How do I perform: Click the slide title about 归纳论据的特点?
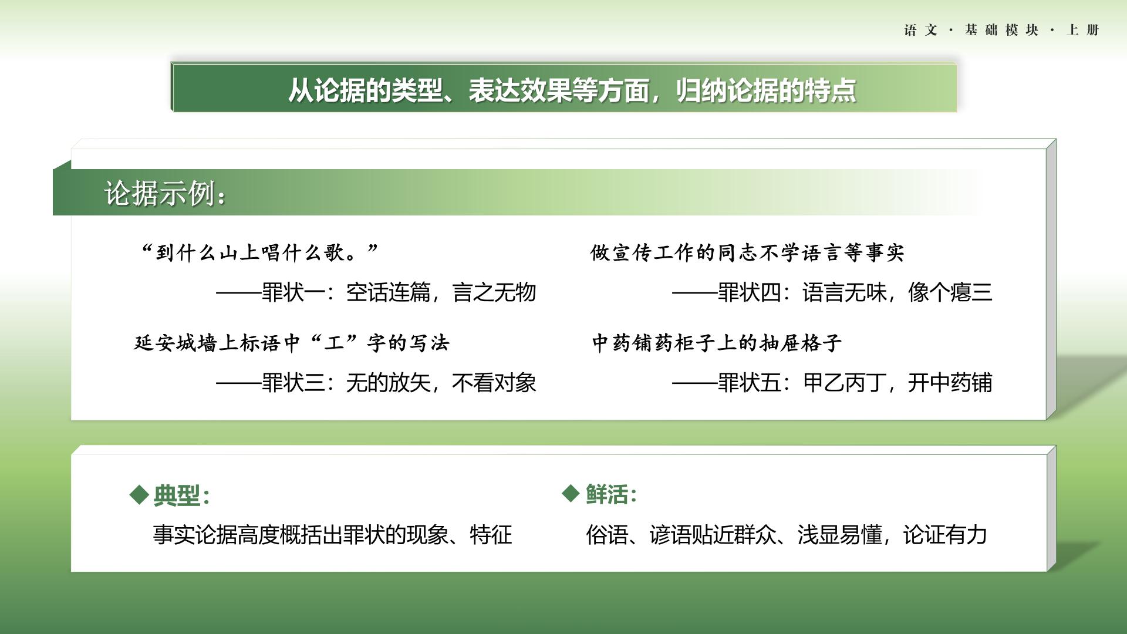572,90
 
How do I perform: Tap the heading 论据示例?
165,193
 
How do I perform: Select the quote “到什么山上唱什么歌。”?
259,253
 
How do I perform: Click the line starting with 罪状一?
376,292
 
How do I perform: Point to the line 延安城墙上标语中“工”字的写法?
291,343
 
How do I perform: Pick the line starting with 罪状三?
376,383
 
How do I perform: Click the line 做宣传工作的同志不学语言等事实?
747,253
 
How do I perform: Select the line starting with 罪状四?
832,292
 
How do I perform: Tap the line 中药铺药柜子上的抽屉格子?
717,343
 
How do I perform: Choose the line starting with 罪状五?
832,383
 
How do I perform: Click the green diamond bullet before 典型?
139,494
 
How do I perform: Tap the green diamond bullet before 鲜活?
571,494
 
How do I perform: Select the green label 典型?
181,495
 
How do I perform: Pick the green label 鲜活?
611,494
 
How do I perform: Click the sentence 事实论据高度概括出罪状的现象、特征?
333,535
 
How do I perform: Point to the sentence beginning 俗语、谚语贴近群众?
787,535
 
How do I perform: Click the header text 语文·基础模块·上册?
1001,30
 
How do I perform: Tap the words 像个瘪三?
950,292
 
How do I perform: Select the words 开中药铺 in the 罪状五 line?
950,383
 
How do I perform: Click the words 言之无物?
494,292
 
